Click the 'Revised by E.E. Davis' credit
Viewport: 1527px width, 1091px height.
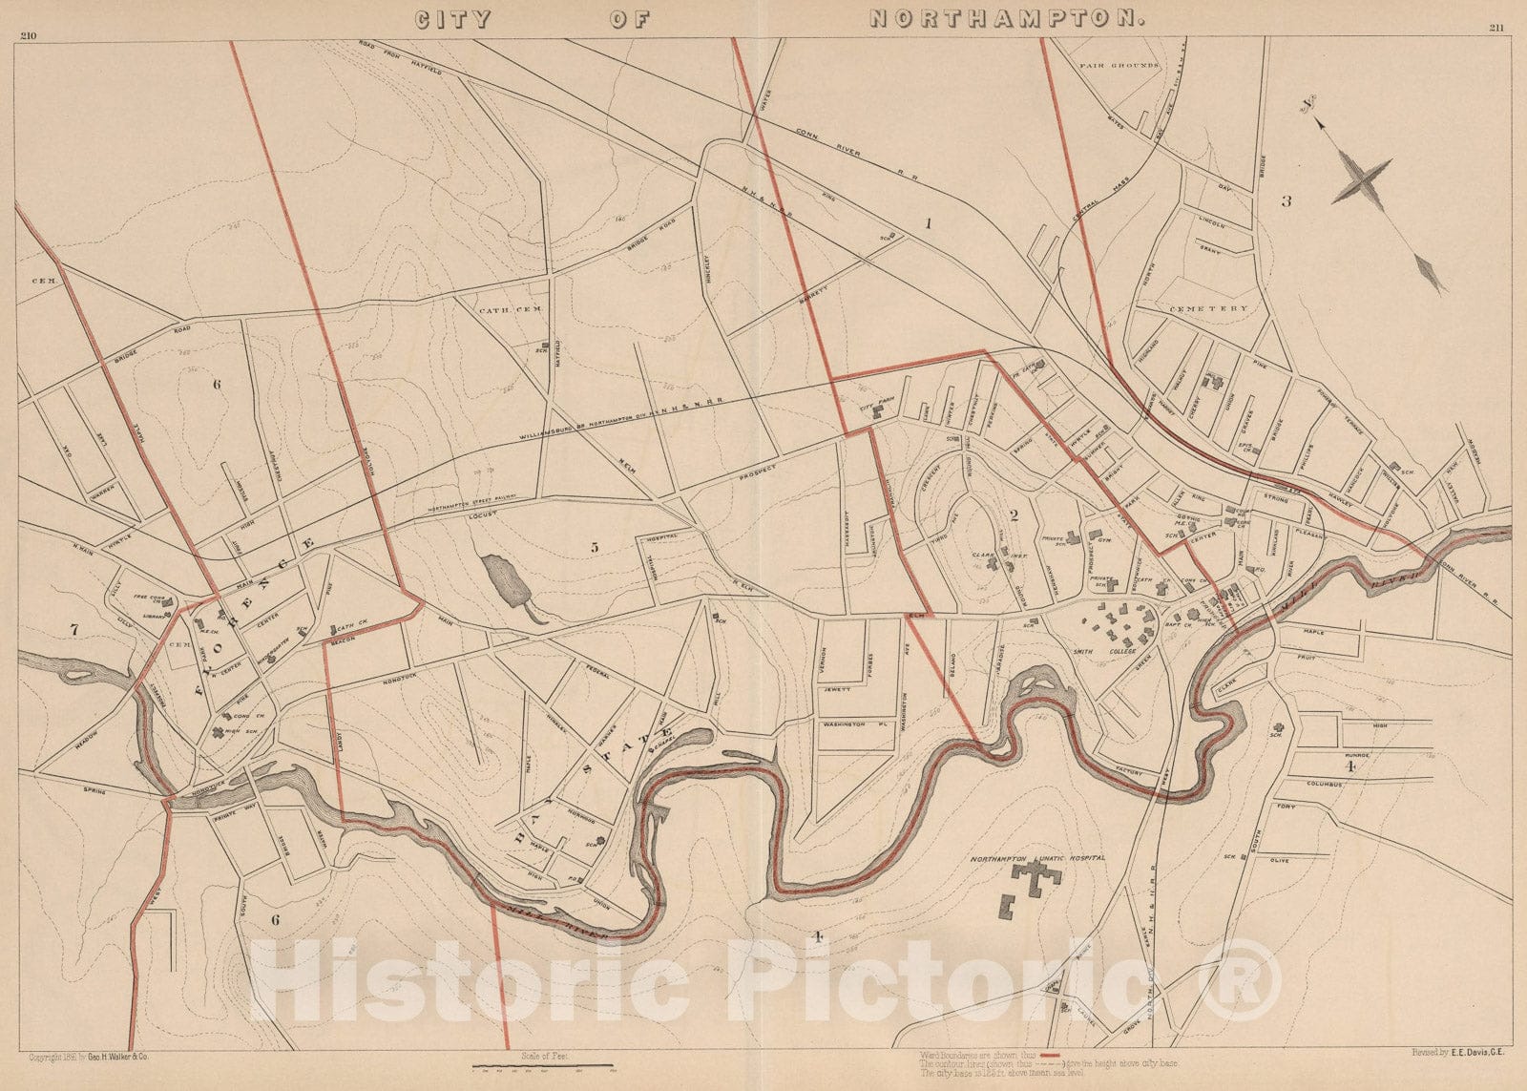click(1461, 1052)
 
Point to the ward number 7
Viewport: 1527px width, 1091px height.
click(73, 629)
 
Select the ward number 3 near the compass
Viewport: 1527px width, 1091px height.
click(1286, 201)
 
